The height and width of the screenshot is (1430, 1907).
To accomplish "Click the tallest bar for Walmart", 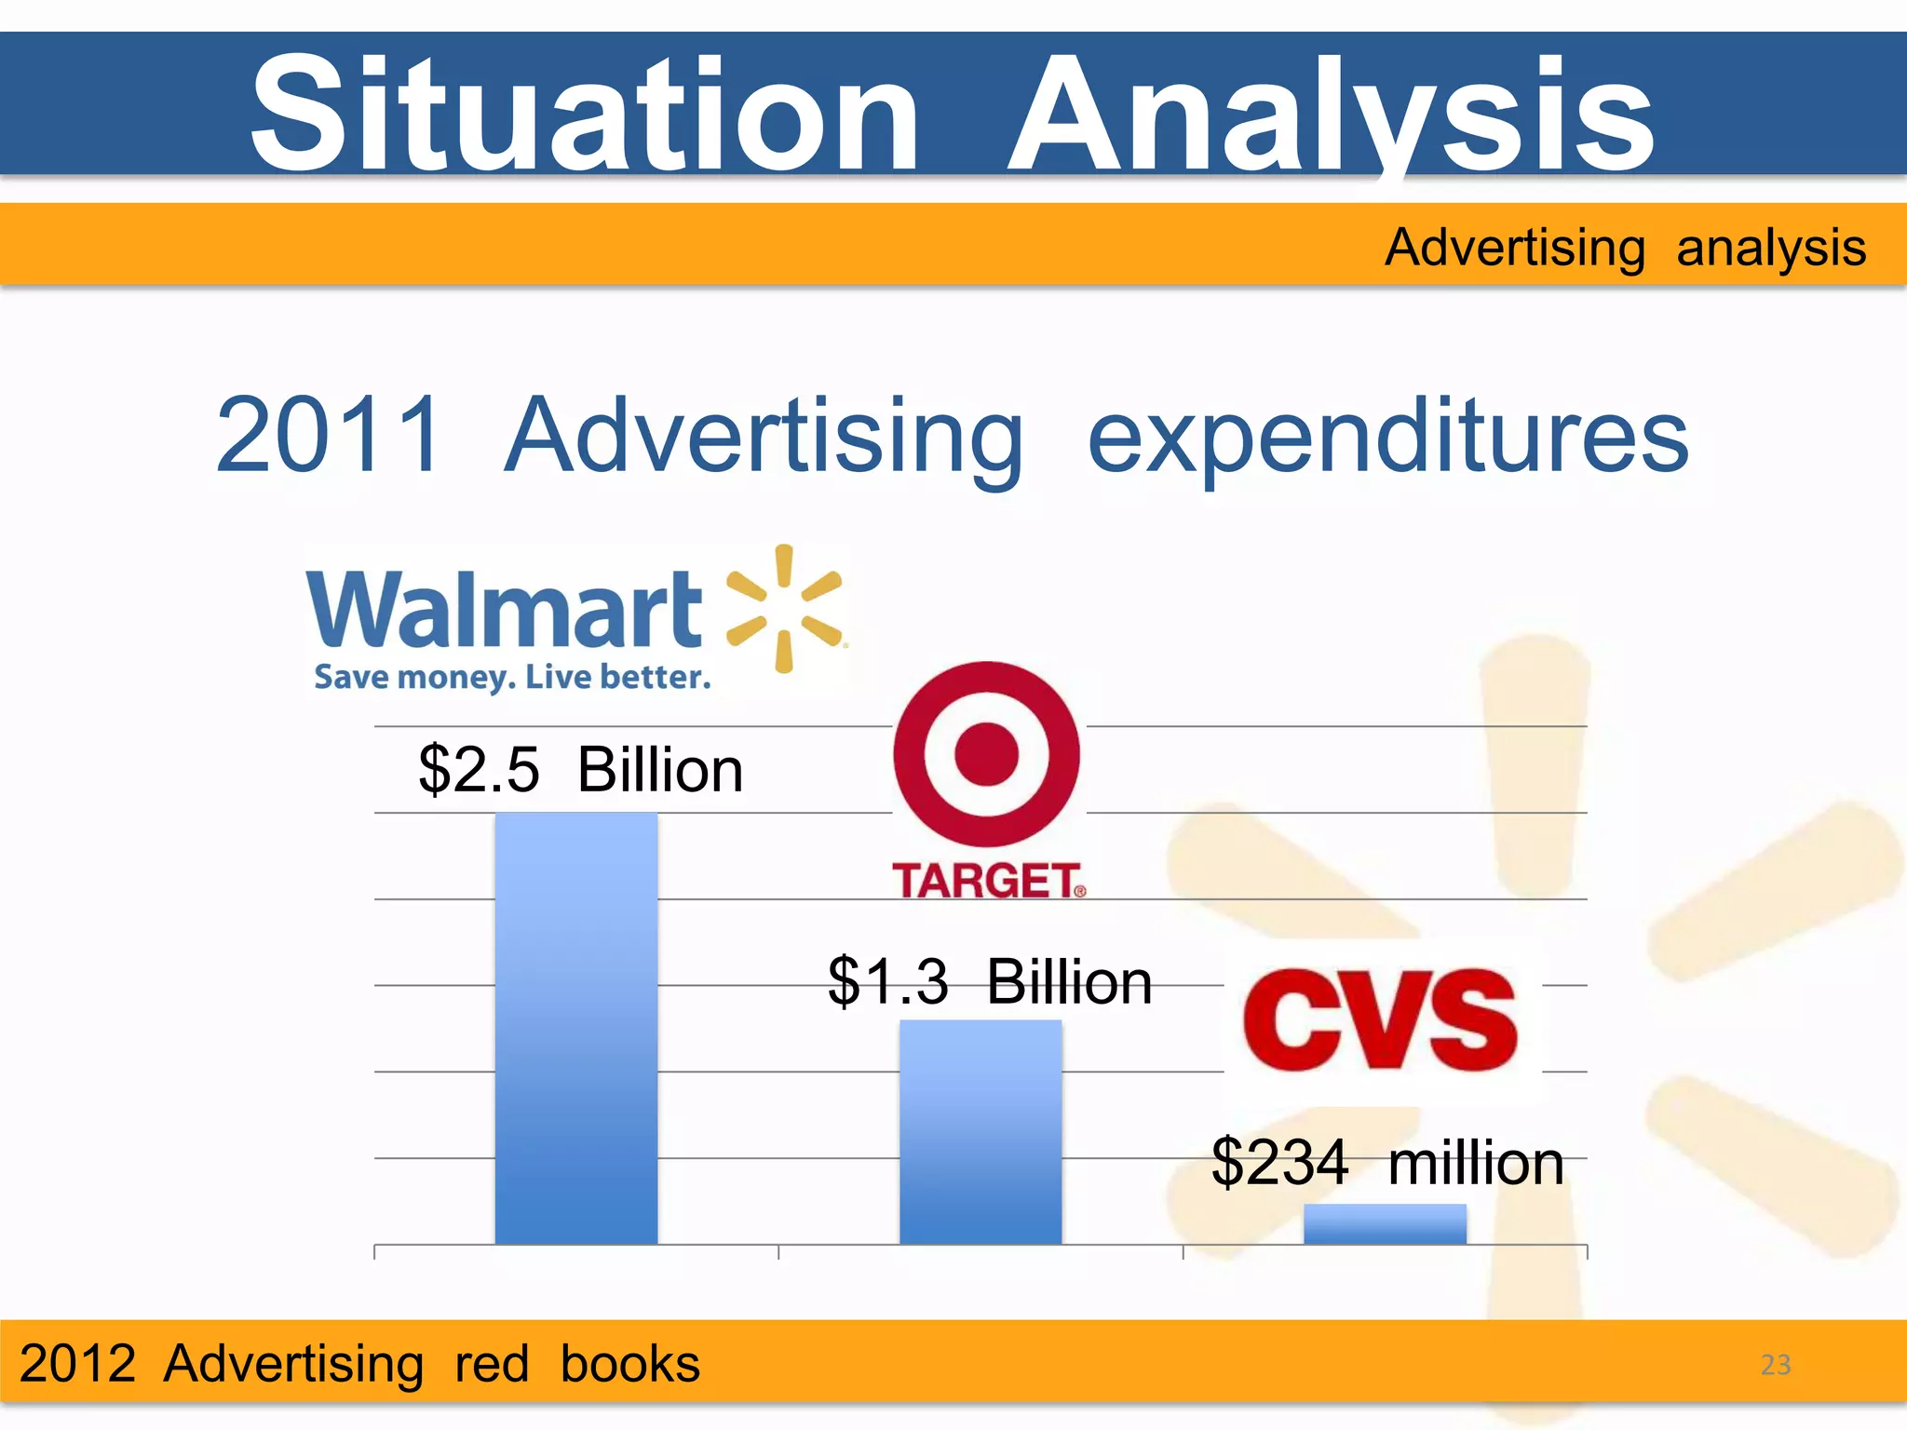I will point(575,1028).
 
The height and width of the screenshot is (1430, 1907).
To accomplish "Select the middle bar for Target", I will point(980,1131).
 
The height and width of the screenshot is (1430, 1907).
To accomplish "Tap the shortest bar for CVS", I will point(1385,1223).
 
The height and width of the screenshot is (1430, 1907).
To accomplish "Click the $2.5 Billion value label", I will point(581,770).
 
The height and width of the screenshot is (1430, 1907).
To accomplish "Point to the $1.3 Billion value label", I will point(990,981).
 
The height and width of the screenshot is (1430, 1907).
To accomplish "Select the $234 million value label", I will point(1386,1163).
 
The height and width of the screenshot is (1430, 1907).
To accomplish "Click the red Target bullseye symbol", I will point(987,754).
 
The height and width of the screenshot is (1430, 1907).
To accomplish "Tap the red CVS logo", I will point(1381,1020).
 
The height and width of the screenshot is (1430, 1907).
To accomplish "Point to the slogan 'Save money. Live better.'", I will point(512,677).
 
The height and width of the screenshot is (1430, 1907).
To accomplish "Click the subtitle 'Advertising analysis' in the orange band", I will point(1625,248).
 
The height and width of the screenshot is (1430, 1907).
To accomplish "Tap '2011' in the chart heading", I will point(329,436).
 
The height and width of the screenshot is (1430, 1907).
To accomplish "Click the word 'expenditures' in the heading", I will point(1387,438).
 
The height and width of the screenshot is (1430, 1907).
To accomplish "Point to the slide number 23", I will point(1775,1365).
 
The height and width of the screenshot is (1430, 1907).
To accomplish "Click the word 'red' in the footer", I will point(492,1364).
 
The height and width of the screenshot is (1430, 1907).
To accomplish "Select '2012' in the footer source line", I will point(78,1364).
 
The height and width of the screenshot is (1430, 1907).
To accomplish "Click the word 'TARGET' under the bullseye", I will point(987,881).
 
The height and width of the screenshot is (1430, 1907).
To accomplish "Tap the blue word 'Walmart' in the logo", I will point(504,609).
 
